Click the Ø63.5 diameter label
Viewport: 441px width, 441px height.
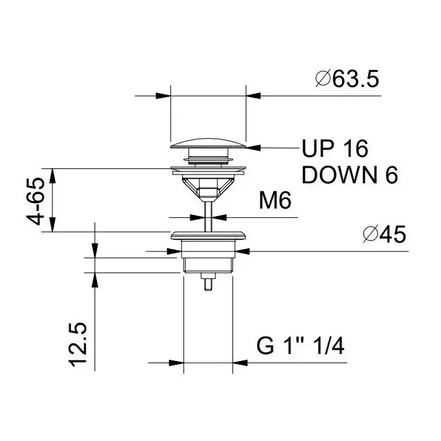[347, 79]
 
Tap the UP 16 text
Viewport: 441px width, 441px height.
[335, 148]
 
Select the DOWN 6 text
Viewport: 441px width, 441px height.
[350, 175]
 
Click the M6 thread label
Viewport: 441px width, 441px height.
[275, 200]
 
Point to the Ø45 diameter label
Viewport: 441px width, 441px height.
[384, 234]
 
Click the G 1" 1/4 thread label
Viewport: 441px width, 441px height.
[301, 346]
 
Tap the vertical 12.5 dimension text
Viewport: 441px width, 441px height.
[77, 345]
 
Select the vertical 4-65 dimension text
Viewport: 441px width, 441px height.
[36, 201]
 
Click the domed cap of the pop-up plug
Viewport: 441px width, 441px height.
[208, 143]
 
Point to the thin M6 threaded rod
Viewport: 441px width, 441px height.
[208, 217]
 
